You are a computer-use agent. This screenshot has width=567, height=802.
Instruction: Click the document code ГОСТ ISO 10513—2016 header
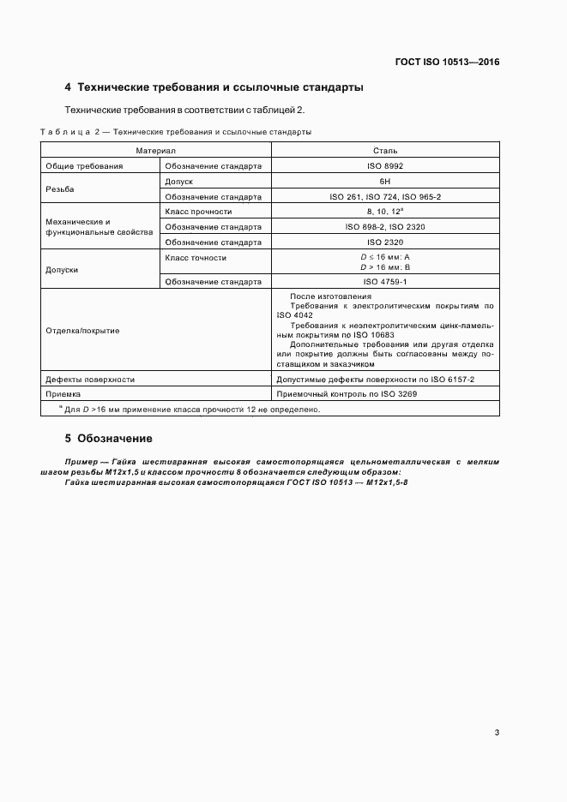tap(447, 62)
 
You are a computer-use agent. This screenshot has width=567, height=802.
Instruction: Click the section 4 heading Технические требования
tap(214, 87)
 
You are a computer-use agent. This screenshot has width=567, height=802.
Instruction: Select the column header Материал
tap(156, 150)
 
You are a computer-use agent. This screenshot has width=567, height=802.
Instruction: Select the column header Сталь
tap(385, 150)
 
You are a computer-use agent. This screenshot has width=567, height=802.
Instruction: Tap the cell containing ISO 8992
tap(385, 166)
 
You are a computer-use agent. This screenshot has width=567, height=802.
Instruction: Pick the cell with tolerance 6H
tap(385, 182)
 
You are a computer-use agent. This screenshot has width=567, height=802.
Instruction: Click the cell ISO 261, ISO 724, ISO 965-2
tap(385, 196)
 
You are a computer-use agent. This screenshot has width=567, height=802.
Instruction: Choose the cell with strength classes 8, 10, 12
tap(385, 212)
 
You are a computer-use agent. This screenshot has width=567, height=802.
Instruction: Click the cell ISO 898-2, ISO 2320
tap(385, 227)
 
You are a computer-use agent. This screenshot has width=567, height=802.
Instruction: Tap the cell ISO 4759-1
tap(385, 281)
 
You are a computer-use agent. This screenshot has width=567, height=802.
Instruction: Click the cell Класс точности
tap(196, 257)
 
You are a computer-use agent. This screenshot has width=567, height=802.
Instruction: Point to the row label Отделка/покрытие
tap(82, 330)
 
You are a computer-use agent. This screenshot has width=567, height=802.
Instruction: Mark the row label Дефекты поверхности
tap(89, 379)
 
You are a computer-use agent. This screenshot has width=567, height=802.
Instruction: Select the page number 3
tap(498, 732)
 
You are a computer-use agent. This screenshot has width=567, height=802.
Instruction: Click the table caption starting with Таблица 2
tap(176, 132)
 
